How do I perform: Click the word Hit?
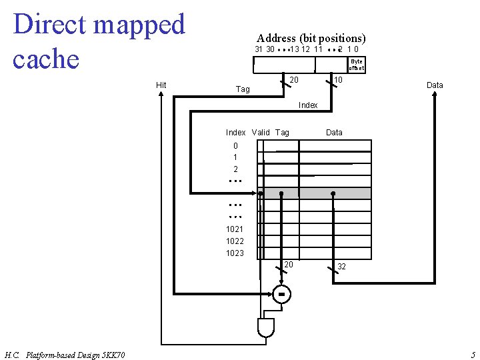pos(161,85)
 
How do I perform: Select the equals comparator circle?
pos(282,293)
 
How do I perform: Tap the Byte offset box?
pos(357,65)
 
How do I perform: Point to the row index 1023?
pos(235,253)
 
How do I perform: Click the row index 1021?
pos(235,229)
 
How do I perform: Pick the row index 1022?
pos(235,241)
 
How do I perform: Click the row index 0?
pos(235,145)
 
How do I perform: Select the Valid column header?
pos(261,132)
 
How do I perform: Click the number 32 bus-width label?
pos(341,266)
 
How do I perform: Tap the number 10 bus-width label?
pos(338,80)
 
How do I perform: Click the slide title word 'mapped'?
pos(139,25)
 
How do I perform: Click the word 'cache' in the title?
pos(46,59)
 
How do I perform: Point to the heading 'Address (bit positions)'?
pos(311,38)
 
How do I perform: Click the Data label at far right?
pos(435,85)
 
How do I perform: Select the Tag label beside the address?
pos(243,89)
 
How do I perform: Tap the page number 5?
pos(473,354)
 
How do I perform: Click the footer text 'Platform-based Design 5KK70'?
pos(71,354)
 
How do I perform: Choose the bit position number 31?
pos(259,49)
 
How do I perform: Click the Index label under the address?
pos(308,105)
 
